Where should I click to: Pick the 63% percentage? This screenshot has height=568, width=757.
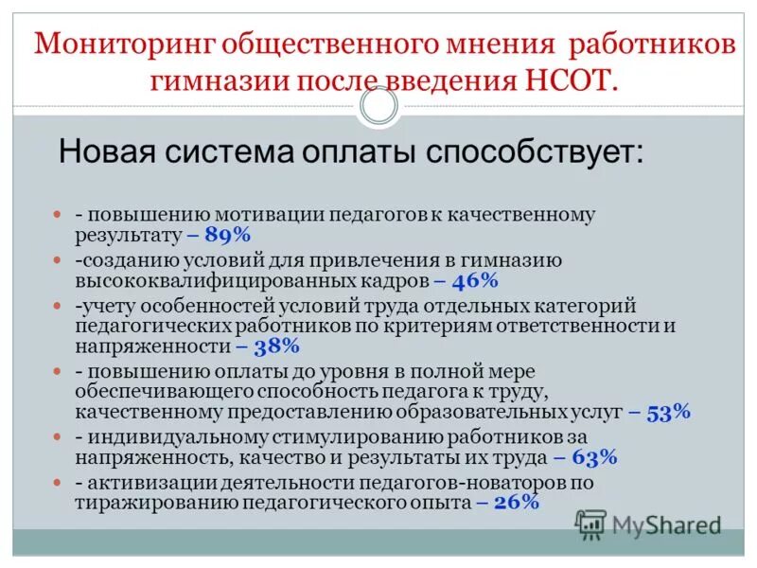point(593,457)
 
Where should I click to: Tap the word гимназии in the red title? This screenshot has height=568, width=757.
point(211,80)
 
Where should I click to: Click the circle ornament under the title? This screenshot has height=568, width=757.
point(378,107)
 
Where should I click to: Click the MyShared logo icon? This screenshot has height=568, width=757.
point(591,524)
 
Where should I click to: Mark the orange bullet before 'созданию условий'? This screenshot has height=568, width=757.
point(57,259)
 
